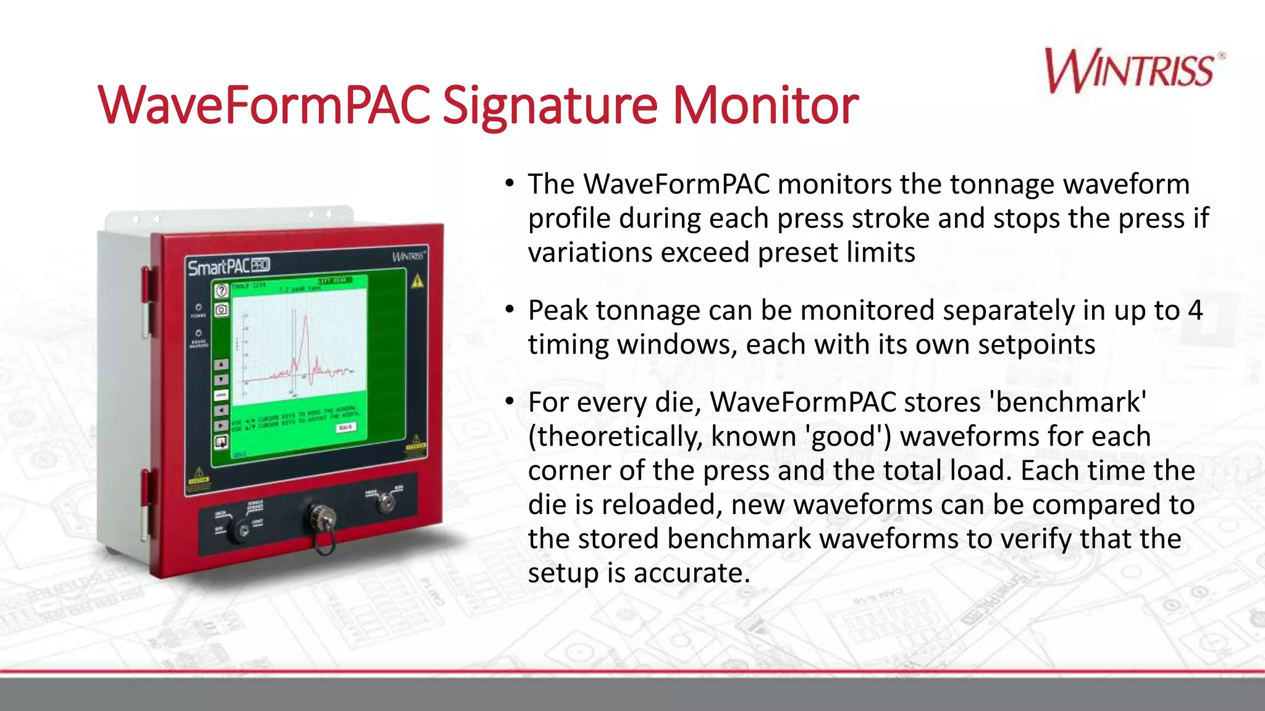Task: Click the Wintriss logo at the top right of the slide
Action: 1133,71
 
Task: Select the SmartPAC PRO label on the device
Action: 229,267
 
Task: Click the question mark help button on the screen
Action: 221,291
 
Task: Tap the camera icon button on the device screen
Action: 221,310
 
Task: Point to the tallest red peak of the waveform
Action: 305,318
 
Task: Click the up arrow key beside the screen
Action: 221,364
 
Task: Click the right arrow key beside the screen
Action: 221,425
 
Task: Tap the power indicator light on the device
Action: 198,307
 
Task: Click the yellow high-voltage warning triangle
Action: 418,281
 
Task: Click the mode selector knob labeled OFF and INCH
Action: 239,530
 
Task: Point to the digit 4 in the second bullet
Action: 1195,310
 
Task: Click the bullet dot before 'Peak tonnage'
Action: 509,309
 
